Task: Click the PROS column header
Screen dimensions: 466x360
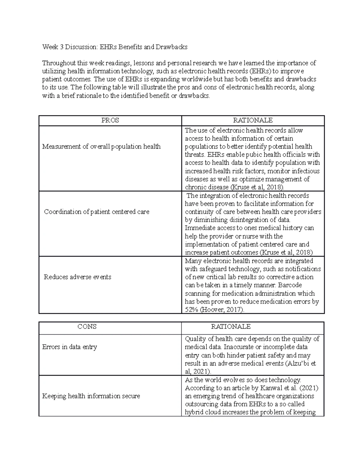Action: (x=110, y=120)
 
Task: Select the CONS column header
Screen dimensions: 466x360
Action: (x=87, y=326)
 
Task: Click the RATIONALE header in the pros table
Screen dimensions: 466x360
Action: (x=253, y=120)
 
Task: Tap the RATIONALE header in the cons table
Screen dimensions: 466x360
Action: (x=231, y=326)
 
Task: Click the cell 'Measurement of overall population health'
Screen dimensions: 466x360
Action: (x=101, y=146)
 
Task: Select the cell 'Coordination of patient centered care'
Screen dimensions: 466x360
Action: (x=97, y=212)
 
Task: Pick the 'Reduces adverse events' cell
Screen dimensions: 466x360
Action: (x=77, y=277)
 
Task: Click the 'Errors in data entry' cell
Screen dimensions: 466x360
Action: (x=70, y=347)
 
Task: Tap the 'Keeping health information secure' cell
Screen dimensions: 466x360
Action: (x=91, y=396)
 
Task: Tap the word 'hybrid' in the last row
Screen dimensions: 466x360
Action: (x=194, y=412)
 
